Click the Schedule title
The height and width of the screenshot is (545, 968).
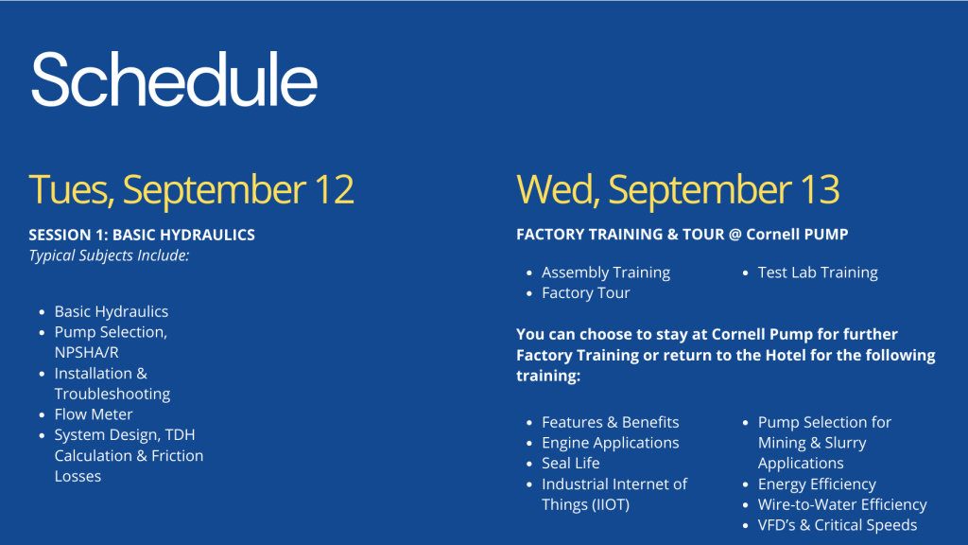click(x=174, y=79)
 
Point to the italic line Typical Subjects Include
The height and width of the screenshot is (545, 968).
click(x=109, y=255)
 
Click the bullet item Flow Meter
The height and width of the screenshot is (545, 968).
click(x=94, y=414)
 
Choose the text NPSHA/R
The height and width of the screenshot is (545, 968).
click(x=86, y=352)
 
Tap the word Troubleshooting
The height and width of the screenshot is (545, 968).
click(x=112, y=394)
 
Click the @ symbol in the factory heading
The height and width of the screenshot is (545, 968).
click(x=735, y=235)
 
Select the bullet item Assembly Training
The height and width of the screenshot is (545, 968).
click(x=606, y=272)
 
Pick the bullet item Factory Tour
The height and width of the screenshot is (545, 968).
click(x=586, y=293)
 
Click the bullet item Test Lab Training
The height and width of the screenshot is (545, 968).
click(x=818, y=272)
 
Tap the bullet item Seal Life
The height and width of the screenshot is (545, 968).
click(x=570, y=463)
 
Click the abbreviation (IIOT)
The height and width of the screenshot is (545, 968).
click(x=612, y=505)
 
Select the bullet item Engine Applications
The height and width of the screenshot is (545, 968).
click(x=611, y=443)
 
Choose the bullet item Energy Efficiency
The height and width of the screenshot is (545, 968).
click(x=817, y=484)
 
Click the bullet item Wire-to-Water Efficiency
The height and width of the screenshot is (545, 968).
click(x=842, y=505)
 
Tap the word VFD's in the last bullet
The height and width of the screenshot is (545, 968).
click(x=776, y=525)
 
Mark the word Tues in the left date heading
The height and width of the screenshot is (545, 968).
click(x=70, y=189)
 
